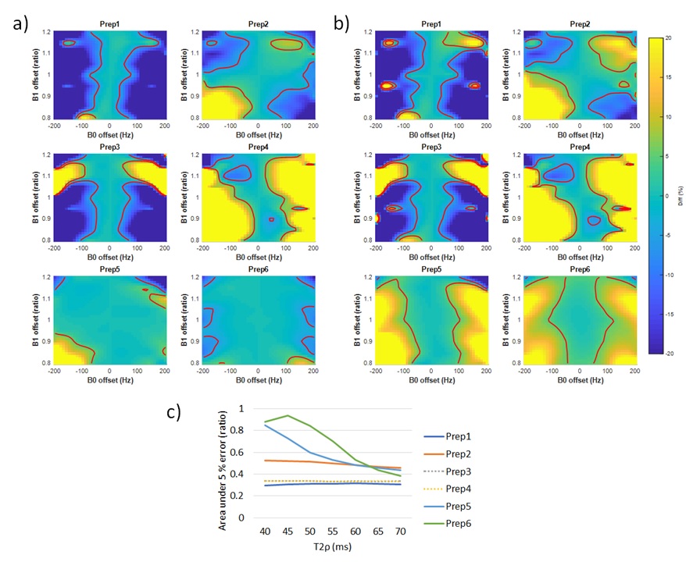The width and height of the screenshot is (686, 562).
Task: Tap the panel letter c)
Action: pos(173,412)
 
